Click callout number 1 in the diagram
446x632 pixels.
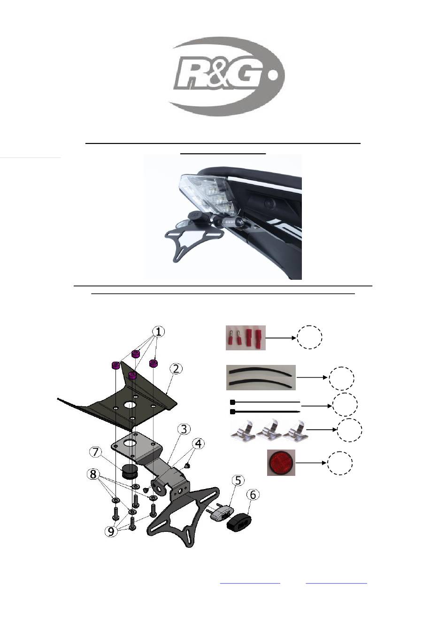click(x=159, y=332)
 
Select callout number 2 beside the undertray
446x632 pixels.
click(x=176, y=369)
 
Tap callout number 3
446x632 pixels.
click(x=184, y=429)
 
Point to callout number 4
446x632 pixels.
click(x=198, y=443)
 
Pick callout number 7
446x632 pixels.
click(x=95, y=452)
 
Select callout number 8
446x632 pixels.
click(x=92, y=474)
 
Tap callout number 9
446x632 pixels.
click(x=111, y=531)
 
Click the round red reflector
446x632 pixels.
click(x=281, y=463)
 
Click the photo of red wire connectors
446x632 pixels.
click(x=246, y=338)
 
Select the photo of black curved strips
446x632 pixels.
click(x=261, y=378)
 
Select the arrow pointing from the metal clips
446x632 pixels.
click(x=322, y=430)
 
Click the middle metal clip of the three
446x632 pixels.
click(x=269, y=431)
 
